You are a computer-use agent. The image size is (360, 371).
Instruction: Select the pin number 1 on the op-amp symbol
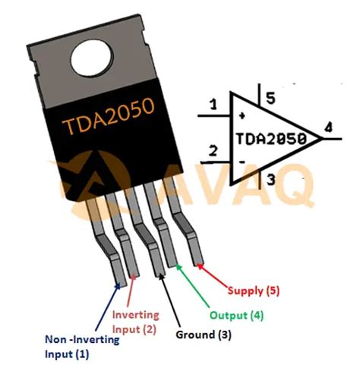click(213, 104)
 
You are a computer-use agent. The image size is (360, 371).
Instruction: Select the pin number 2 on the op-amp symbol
click(213, 151)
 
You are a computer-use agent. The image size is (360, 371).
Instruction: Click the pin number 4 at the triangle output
click(327, 129)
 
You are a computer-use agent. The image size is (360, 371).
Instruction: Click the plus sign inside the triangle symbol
click(242, 116)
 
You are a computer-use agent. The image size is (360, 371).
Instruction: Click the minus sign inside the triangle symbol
click(242, 162)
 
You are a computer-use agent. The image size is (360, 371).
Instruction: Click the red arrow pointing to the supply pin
click(215, 273)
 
